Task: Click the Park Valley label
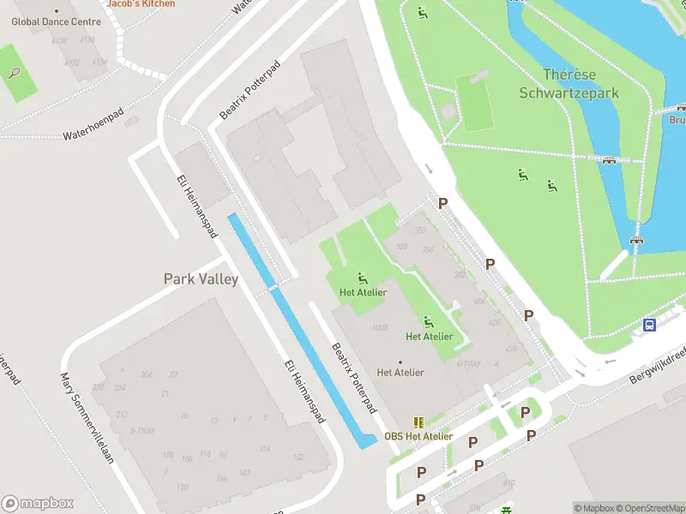201,279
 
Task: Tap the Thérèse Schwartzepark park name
569,84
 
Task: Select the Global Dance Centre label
56,21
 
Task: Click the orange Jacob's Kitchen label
141,3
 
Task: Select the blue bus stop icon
650,325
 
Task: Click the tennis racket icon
14,73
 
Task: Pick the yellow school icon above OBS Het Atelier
418,422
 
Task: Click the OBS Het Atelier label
418,436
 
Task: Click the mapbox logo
38,504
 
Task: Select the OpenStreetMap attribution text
648,508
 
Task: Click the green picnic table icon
507,509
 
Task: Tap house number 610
508,484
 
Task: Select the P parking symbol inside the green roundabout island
524,414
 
